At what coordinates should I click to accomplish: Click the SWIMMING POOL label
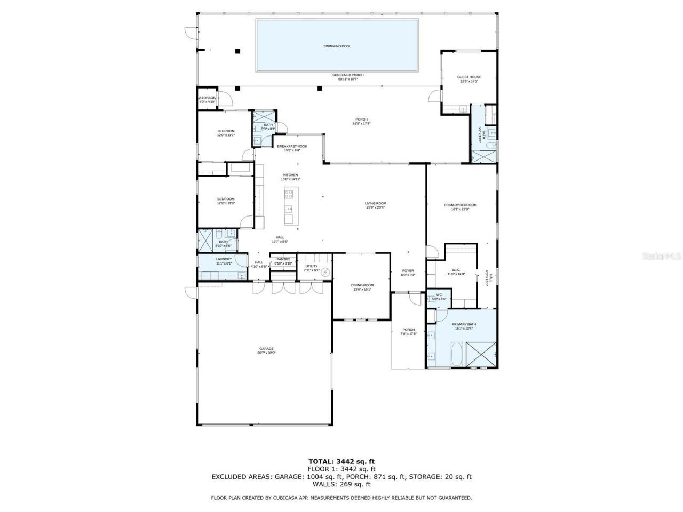point(337,46)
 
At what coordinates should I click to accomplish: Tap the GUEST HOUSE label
point(469,77)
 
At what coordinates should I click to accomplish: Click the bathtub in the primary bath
point(457,354)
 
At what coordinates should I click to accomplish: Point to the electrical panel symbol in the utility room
point(325,273)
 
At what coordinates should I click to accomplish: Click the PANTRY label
point(283,259)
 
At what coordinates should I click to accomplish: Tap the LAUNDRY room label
point(224,259)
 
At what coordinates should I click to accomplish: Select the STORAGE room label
point(207,98)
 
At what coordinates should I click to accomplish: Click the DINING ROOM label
point(362,285)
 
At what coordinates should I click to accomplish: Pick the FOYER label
point(408,270)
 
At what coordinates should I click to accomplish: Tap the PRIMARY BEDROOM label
point(460,205)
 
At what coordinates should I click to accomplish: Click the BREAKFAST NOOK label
point(292,146)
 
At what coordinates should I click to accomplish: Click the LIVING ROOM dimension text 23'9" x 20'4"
point(376,207)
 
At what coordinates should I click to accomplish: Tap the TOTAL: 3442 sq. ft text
point(342,461)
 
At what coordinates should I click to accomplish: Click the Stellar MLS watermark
point(661,257)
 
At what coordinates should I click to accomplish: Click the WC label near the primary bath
point(439,295)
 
